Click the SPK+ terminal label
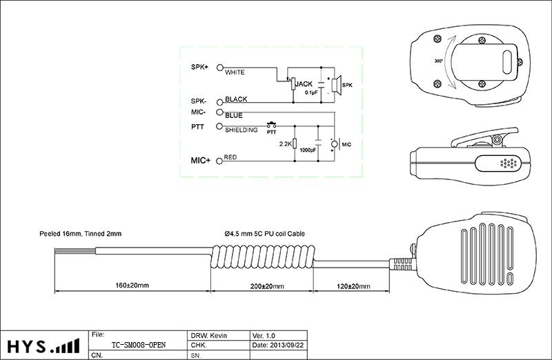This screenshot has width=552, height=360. (199, 68)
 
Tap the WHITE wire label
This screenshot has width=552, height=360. (235, 72)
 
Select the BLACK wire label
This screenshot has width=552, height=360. (236, 99)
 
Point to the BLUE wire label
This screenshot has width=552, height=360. (234, 115)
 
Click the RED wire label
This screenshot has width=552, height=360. (230, 157)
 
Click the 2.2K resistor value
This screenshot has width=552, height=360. (284, 145)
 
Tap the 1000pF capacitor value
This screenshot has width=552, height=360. (308, 150)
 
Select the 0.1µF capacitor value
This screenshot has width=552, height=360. (310, 92)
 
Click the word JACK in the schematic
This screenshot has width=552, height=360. (304, 84)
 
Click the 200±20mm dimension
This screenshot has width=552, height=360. (262, 286)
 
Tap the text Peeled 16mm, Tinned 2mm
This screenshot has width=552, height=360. (80, 234)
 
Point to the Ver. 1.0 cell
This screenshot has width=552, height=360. (265, 334)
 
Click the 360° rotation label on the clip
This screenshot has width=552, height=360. (437, 60)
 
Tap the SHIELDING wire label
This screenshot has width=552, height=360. (241, 130)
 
